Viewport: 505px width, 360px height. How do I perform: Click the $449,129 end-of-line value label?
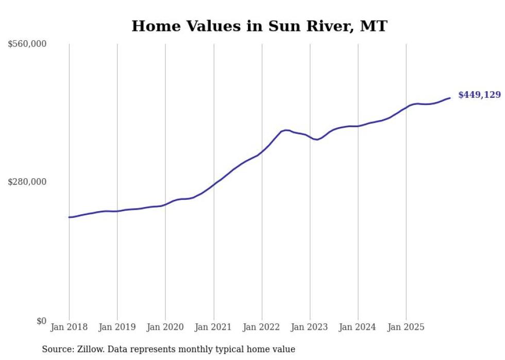point(479,95)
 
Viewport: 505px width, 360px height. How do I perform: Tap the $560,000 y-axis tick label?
point(27,44)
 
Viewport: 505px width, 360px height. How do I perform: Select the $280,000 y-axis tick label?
point(27,182)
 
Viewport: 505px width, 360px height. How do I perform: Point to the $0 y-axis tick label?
point(41,321)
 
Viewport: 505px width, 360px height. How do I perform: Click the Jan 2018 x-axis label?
point(69,327)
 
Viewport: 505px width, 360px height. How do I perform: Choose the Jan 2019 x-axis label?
point(117,327)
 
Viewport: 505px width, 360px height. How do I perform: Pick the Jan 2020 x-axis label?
point(165,327)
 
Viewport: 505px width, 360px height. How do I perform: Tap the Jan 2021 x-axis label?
point(213,327)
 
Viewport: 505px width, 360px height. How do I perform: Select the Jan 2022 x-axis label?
point(262,327)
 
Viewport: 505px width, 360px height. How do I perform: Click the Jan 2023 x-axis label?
point(310,327)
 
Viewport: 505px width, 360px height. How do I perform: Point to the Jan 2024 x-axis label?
point(358,327)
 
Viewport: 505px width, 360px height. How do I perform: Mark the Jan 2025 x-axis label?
point(406,327)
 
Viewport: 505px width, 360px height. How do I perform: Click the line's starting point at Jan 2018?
point(69,217)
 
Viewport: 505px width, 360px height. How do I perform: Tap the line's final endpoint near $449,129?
point(450,98)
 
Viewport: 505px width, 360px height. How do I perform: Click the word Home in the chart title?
point(155,26)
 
